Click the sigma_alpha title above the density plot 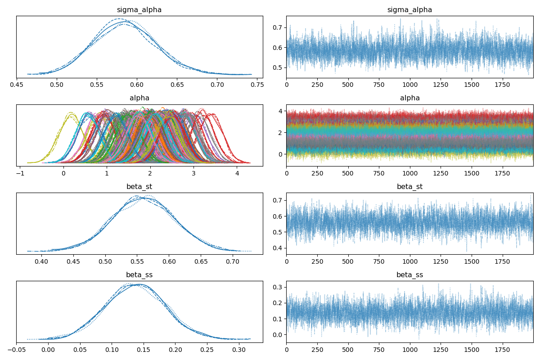(x=139, y=10)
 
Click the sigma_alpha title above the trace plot (x=409, y=10)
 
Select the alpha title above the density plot (x=139, y=98)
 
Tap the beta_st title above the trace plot (x=409, y=186)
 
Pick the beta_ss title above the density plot (x=139, y=274)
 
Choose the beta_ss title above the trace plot (x=409, y=274)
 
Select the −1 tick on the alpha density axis (x=20, y=172)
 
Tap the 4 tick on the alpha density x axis (x=237, y=172)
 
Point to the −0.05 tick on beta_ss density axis (x=16, y=348)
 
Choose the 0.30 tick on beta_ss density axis (x=238, y=348)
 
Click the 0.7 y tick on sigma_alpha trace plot (x=278, y=27)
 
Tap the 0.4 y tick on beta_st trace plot (x=278, y=248)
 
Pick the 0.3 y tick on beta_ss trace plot (x=278, y=287)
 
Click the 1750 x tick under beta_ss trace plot (x=502, y=348)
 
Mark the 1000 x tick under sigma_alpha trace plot (x=409, y=84)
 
